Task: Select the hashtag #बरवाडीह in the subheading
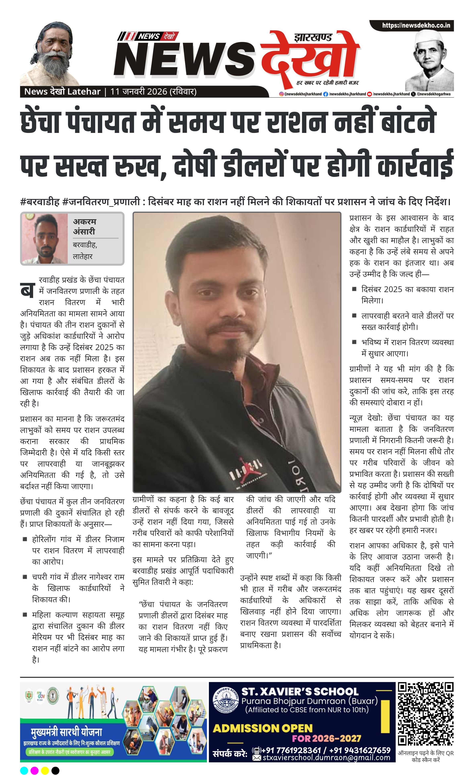tap(40, 202)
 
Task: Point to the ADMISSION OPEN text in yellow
tap(263, 728)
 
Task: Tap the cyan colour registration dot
tap(24, 770)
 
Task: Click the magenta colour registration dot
tap(35, 770)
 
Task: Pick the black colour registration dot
tap(55, 770)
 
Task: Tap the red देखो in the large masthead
tap(310, 57)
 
